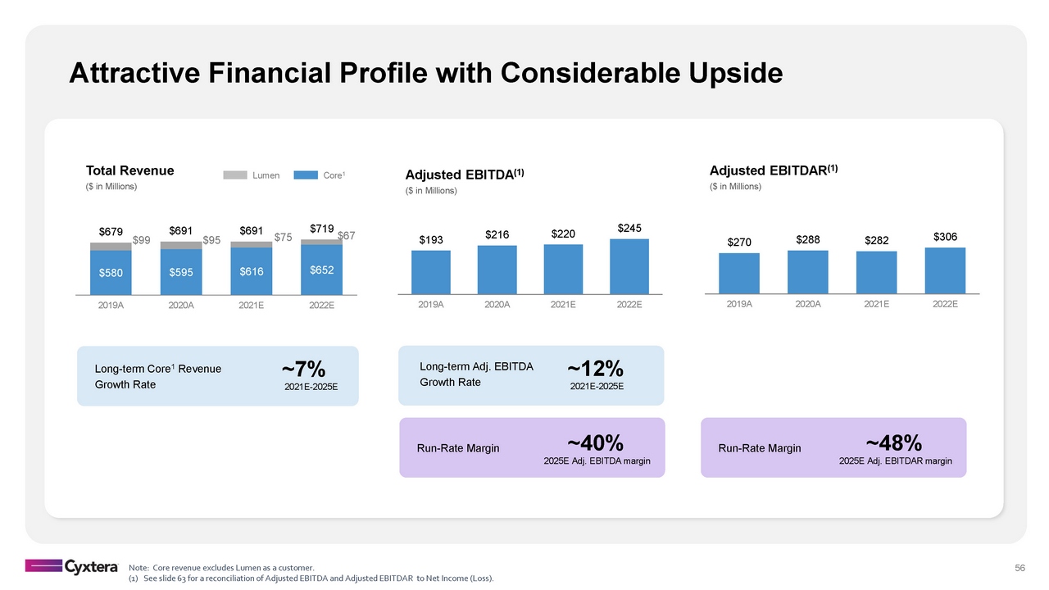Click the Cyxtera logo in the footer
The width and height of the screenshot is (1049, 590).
pos(72,566)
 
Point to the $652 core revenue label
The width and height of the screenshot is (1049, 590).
pos(322,270)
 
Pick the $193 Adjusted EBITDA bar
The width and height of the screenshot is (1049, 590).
pos(431,271)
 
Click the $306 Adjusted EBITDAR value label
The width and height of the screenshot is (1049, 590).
pos(945,236)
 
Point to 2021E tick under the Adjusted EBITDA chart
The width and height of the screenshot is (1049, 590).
pos(563,305)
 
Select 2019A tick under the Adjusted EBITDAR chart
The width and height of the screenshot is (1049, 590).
pos(739,304)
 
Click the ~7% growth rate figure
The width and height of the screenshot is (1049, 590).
pos(304,371)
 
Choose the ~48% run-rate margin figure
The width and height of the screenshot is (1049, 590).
pos(895,443)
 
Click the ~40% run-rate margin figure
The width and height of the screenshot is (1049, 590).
pos(596,443)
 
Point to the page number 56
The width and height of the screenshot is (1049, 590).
pos(1020,568)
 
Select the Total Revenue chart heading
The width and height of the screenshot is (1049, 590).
pos(130,170)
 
